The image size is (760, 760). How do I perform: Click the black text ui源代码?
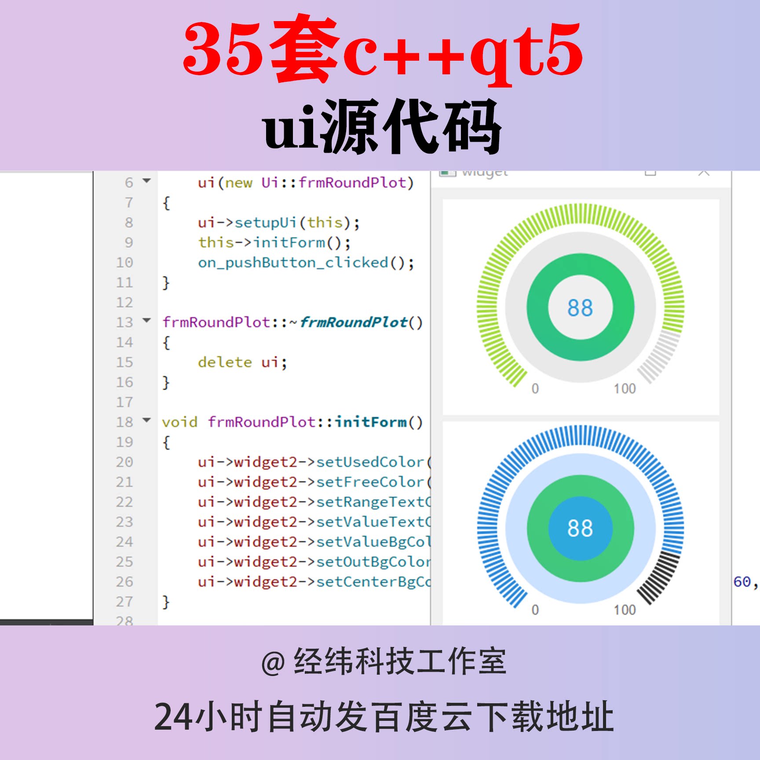[x=382, y=128]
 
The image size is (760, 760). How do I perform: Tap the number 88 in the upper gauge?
[x=580, y=308]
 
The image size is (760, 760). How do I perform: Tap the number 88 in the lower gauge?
[x=580, y=528]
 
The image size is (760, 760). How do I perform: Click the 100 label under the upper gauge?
[x=625, y=389]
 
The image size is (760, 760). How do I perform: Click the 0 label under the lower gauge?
[x=535, y=610]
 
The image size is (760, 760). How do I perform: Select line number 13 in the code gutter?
[x=124, y=322]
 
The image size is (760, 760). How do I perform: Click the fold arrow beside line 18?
[x=147, y=420]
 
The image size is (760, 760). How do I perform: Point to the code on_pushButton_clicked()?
[x=306, y=263]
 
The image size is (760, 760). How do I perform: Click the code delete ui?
[x=242, y=362]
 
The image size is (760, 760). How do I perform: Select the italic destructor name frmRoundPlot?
[x=354, y=322]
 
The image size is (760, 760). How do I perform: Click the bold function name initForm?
[x=371, y=422]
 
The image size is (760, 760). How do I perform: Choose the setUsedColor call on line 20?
[x=369, y=462]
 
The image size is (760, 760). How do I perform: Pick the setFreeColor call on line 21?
[x=369, y=482]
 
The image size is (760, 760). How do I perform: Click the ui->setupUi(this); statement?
[x=278, y=223]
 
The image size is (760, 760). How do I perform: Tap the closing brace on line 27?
[x=166, y=601]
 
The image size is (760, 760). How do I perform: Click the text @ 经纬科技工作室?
[x=384, y=661]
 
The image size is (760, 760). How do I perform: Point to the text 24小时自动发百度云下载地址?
[x=384, y=717]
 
